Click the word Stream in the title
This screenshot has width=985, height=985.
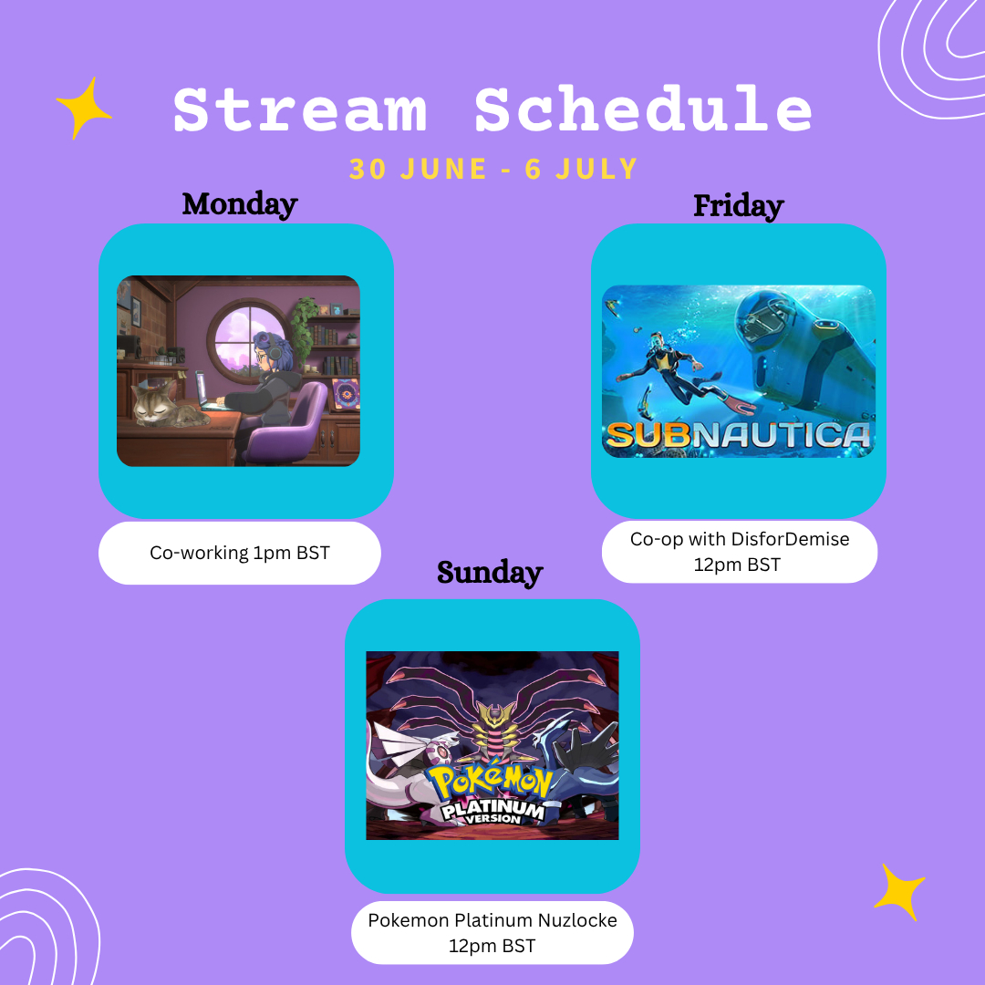pos(300,109)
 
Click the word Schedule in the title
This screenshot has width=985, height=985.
pos(643,109)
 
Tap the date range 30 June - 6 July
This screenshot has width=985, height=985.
pos(493,169)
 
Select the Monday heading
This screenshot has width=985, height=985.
pos(240,204)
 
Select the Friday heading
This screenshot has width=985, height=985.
pos(739,205)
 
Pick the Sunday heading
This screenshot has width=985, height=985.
pos(490,572)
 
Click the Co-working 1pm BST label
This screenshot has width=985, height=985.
pos(239,553)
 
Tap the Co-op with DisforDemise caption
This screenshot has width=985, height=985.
pos(740,552)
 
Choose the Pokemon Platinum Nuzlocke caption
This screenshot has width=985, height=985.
pos(493,933)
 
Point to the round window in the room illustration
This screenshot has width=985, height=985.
pos(247,339)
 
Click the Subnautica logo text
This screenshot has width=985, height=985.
pos(738,435)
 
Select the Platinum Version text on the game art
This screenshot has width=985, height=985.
pos(493,812)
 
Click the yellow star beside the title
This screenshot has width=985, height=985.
pos(84,108)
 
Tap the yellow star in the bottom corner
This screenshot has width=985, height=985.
pos(899,892)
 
